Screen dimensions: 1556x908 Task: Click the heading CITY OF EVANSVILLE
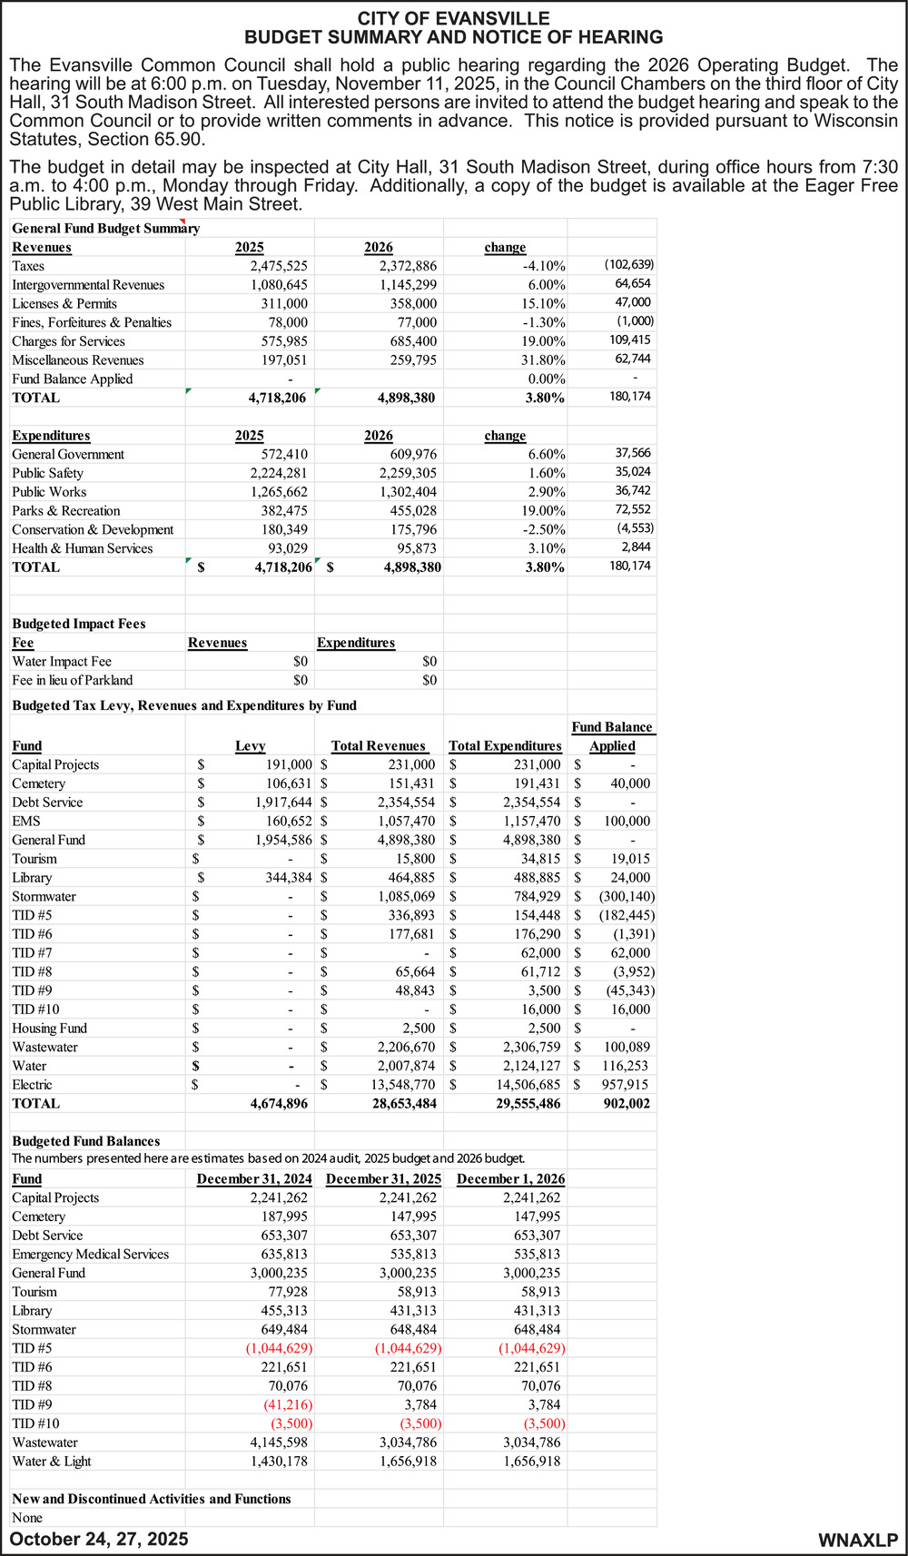[453, 18]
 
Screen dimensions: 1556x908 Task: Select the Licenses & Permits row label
[64, 303]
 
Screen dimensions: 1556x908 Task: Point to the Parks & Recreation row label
[66, 511]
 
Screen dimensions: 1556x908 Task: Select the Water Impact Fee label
[62, 662]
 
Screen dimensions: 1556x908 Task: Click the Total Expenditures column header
[505, 746]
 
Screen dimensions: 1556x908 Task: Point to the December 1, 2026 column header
[510, 1179]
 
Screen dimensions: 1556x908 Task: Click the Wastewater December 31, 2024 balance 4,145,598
[279, 1443]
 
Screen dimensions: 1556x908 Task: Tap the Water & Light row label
[52, 1462]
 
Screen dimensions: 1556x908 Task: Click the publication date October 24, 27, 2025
[99, 1539]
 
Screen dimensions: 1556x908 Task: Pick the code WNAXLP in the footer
[857, 1540]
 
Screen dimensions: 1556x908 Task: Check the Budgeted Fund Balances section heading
[86, 1141]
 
